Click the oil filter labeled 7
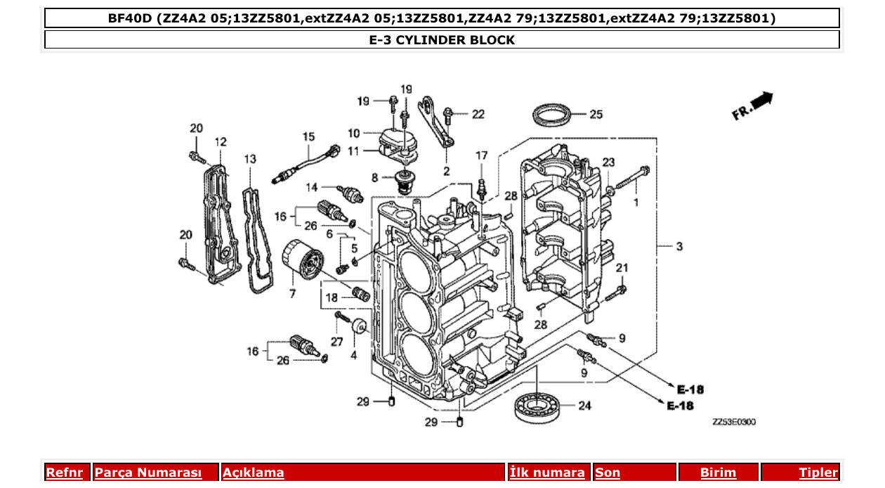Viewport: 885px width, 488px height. click(302, 261)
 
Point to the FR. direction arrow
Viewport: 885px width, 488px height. click(752, 106)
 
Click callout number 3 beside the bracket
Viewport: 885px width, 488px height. click(679, 247)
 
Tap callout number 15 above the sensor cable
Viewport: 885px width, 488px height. click(309, 136)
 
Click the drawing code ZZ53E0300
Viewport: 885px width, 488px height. click(734, 422)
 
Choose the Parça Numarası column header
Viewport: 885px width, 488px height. click(148, 473)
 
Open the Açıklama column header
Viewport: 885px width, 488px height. click(254, 473)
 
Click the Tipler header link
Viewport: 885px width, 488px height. click(818, 473)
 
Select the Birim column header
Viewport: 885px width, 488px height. click(718, 473)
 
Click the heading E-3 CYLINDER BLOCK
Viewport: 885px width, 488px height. click(442, 40)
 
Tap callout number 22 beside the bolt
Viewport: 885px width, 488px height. click(478, 114)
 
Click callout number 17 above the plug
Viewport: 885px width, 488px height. click(481, 155)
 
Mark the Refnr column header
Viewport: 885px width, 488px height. click(64, 473)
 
